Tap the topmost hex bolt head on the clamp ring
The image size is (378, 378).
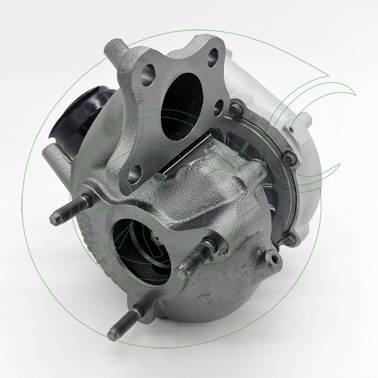[234, 111]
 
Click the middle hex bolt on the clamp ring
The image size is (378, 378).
[289, 157]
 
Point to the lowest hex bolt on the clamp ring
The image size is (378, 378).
[288, 238]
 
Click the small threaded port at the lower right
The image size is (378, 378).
[274, 259]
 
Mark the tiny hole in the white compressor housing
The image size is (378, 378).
[291, 130]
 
